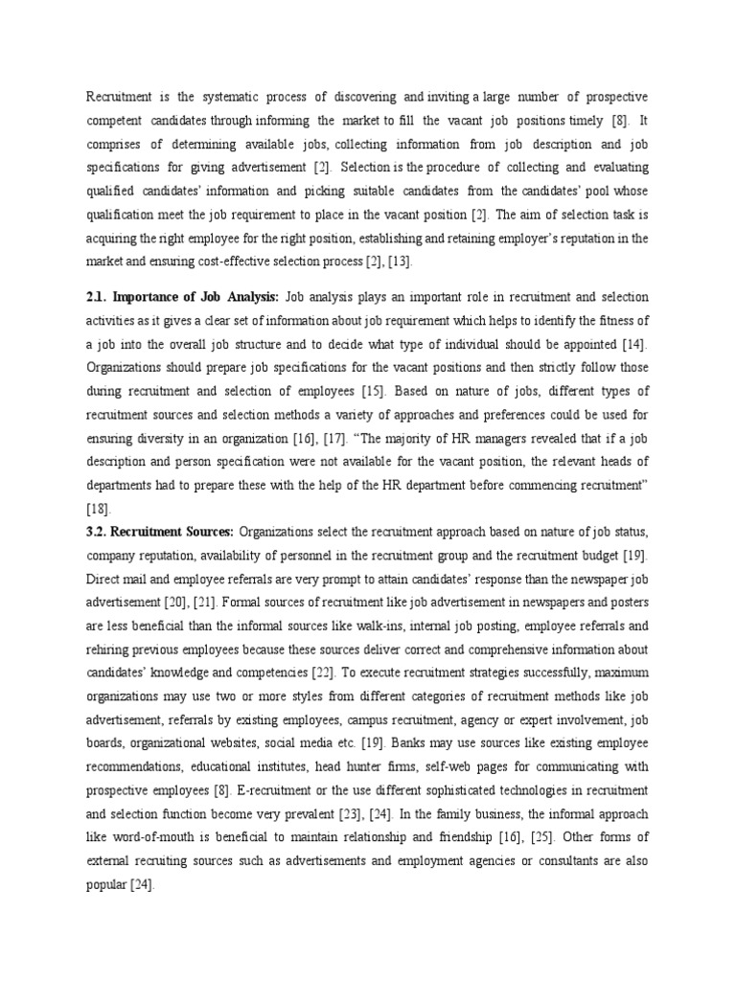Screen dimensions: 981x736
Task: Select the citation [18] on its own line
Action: pos(99,509)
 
